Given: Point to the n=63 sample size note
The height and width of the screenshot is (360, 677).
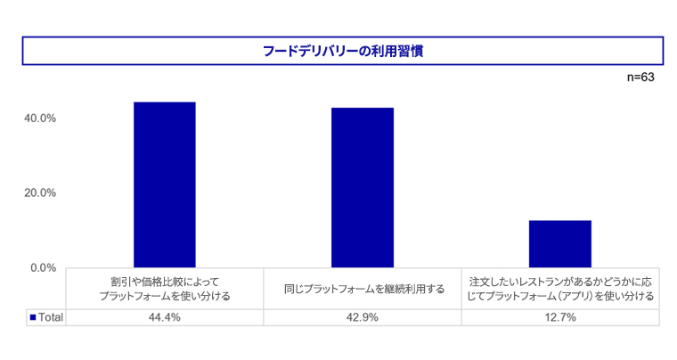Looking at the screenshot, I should (640, 78).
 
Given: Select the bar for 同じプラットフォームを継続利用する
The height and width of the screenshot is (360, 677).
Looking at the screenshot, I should (363, 187).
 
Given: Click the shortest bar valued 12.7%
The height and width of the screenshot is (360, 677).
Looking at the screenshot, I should (560, 243).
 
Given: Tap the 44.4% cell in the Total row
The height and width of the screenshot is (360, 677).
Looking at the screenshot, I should (165, 317).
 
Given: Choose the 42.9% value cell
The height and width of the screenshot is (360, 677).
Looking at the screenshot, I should (363, 317).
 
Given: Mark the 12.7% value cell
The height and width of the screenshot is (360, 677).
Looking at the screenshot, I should (560, 317).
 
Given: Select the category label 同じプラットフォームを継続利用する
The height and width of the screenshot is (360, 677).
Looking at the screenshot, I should (363, 289).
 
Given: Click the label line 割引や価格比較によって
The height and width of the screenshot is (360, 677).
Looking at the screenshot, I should (165, 282).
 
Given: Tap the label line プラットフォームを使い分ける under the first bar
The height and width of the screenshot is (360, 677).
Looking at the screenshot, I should (165, 296).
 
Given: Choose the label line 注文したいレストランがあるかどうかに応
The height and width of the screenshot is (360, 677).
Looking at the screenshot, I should (560, 282).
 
